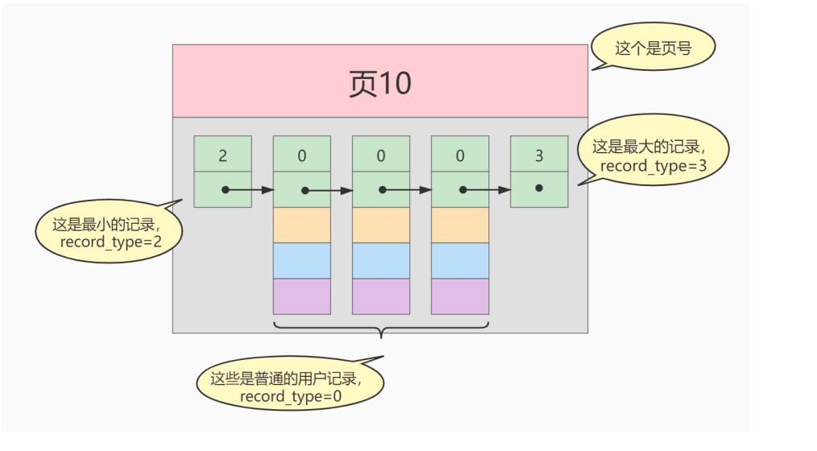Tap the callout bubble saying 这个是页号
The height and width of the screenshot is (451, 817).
click(653, 49)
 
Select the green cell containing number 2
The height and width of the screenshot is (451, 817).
click(222, 154)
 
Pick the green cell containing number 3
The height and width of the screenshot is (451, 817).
click(539, 154)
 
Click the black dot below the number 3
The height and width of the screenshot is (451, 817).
click(539, 188)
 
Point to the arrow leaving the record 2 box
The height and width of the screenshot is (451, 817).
click(250, 191)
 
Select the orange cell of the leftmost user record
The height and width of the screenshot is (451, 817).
click(302, 225)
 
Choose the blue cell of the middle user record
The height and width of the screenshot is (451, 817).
click(381, 260)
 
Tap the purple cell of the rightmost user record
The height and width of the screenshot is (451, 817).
click(460, 296)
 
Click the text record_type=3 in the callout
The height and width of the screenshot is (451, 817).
click(652, 166)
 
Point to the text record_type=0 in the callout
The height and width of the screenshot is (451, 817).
click(289, 395)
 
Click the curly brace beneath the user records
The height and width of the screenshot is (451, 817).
click(382, 330)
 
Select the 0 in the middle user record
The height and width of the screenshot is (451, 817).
click(381, 155)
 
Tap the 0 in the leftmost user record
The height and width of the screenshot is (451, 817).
click(302, 155)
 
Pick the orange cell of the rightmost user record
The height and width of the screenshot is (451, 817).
click(460, 225)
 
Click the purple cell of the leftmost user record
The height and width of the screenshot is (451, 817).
click(302, 296)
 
